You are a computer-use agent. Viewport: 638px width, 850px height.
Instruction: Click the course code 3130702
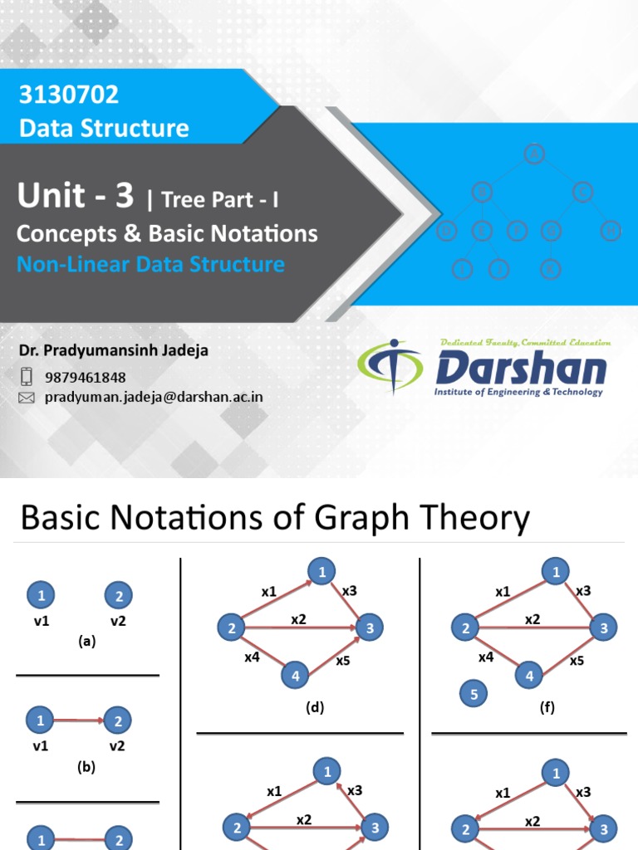[69, 95]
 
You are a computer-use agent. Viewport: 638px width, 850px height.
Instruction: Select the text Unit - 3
[75, 196]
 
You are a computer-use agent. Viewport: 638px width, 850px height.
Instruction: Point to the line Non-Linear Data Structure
[150, 264]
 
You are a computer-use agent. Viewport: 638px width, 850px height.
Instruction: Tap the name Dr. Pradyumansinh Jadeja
[114, 350]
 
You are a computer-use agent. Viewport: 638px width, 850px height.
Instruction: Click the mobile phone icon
[27, 377]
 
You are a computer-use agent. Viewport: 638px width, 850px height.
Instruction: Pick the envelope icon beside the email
[27, 398]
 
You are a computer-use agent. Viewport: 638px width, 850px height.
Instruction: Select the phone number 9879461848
[86, 378]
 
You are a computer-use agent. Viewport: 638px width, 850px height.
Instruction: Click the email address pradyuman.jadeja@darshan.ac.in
[154, 397]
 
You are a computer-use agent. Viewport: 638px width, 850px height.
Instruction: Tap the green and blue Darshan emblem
[390, 367]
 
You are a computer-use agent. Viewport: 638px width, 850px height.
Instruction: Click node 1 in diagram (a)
[41, 595]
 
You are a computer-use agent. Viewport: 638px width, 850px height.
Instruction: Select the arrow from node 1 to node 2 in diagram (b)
[80, 721]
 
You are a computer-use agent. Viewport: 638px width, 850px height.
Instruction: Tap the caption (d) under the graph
[314, 707]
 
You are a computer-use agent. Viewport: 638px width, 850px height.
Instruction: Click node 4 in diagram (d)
[295, 676]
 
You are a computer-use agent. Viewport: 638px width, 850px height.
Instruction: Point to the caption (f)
[546, 707]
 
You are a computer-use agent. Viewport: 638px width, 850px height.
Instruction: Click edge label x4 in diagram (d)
[252, 657]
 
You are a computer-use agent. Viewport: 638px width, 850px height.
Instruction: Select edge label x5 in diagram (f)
[577, 661]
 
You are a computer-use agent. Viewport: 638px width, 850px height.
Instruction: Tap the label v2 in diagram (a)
[118, 620]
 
